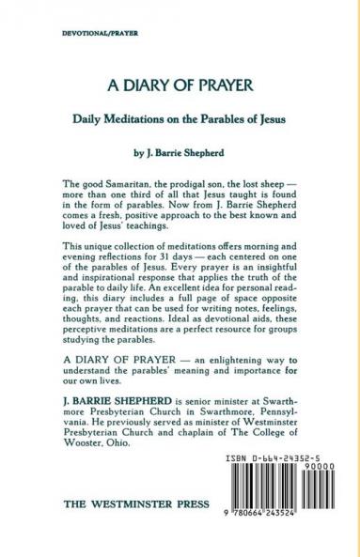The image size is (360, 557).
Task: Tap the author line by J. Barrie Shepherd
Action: click(180, 150)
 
